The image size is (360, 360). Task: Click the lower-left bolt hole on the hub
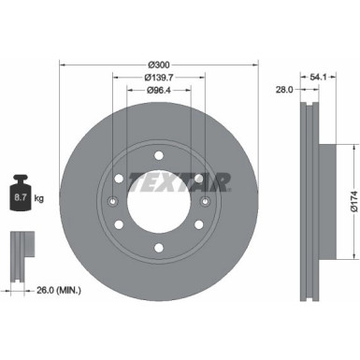(119, 225)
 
